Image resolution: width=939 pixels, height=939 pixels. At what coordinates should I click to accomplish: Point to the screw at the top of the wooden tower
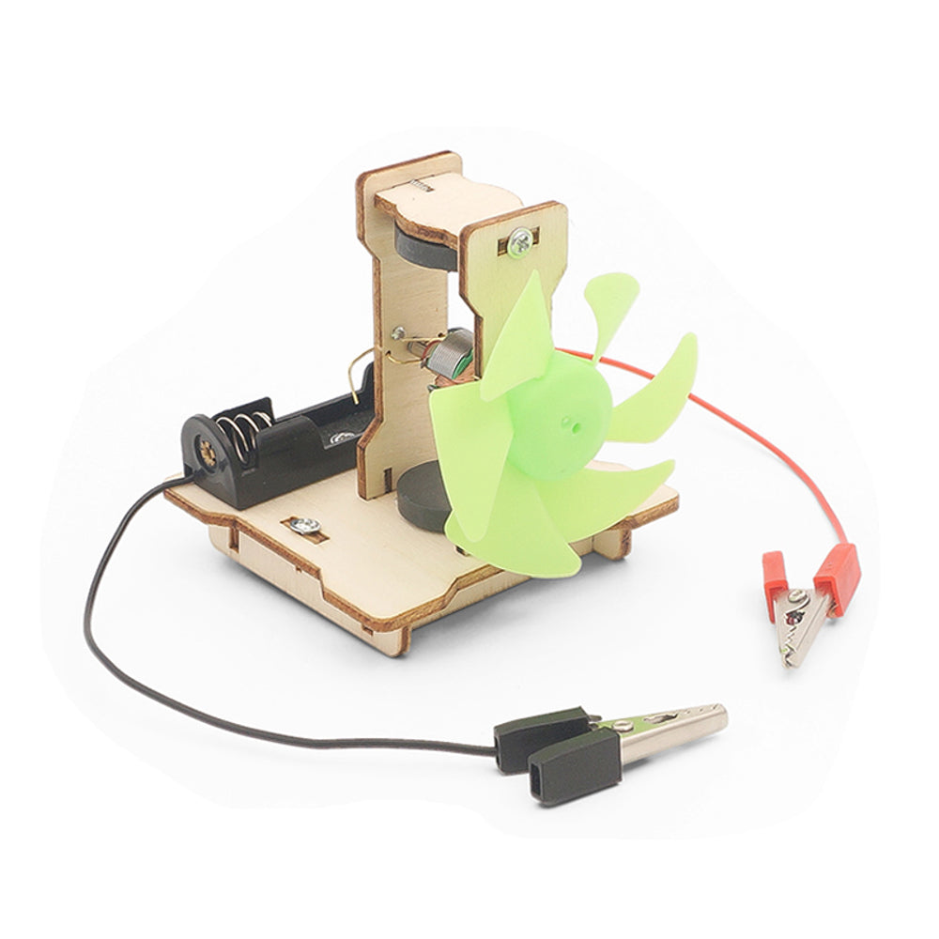point(518,243)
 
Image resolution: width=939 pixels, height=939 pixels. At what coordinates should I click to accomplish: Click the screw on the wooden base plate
point(303,525)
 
